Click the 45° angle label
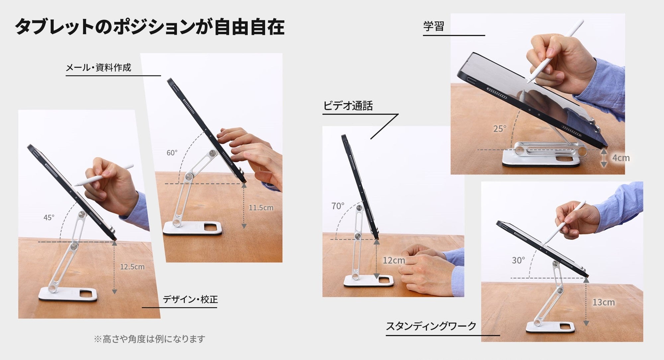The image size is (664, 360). click(x=49, y=217)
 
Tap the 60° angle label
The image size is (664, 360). click(x=172, y=153)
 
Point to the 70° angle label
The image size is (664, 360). click(x=338, y=206)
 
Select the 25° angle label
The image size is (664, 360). click(x=500, y=129)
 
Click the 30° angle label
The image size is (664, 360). click(x=518, y=260)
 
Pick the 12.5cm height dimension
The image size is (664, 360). click(x=132, y=267)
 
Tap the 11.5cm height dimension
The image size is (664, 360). click(x=261, y=208)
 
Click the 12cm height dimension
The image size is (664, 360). click(x=394, y=260)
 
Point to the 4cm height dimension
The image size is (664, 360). click(x=621, y=158)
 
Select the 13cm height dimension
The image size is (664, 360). click(x=604, y=302)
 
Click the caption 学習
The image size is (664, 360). click(x=434, y=26)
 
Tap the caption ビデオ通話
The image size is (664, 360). click(x=348, y=106)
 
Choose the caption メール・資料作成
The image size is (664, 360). click(x=98, y=68)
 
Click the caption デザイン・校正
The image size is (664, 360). click(x=190, y=299)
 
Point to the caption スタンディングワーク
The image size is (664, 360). click(x=431, y=326)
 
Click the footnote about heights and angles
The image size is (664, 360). click(x=149, y=339)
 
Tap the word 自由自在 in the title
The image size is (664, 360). click(x=249, y=27)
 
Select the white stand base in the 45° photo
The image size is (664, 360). click(x=68, y=294)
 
